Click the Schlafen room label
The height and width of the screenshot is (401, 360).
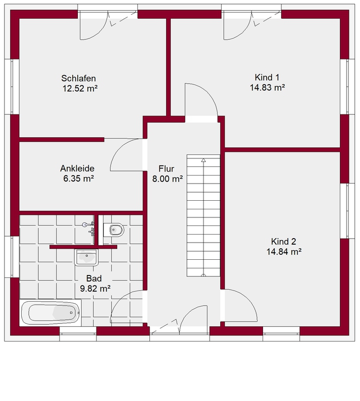pyautogui.click(x=78, y=78)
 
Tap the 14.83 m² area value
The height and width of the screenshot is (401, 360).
pyautogui.click(x=267, y=87)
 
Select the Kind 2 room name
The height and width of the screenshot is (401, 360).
pyautogui.click(x=283, y=241)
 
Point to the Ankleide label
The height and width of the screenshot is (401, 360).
pyautogui.click(x=77, y=168)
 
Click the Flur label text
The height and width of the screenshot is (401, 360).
pyautogui.click(x=167, y=168)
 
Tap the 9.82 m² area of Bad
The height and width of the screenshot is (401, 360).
pyautogui.click(x=95, y=289)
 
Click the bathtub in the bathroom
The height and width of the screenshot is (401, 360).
pyautogui.click(x=50, y=313)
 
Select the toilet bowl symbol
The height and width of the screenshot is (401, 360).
pyautogui.click(x=114, y=230)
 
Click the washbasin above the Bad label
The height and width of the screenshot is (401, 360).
pyautogui.click(x=86, y=258)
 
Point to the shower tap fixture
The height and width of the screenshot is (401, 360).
pyautogui.click(x=88, y=227)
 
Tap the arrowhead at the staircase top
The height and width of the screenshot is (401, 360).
pyautogui.click(x=203, y=160)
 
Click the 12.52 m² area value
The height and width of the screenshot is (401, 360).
pyautogui.click(x=80, y=88)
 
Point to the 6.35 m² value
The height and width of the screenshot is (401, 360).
pyautogui.click(x=79, y=178)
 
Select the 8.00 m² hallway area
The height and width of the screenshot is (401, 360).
pyautogui.click(x=168, y=179)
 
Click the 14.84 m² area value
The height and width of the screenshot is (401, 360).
pyautogui.click(x=284, y=251)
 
